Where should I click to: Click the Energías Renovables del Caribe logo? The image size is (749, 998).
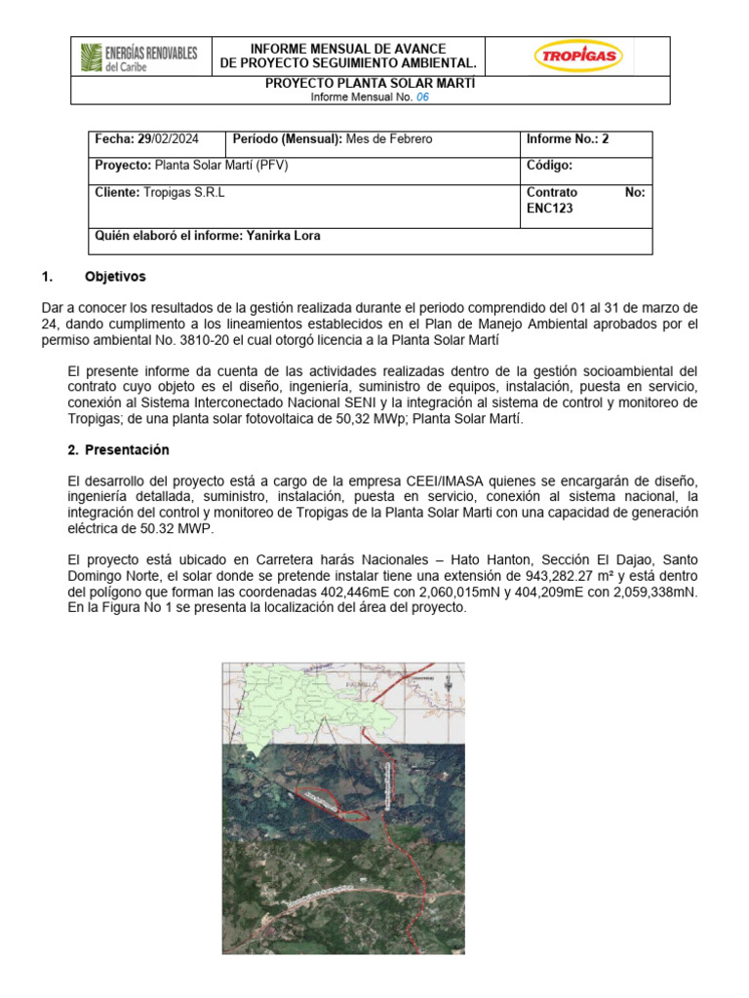click(138, 58)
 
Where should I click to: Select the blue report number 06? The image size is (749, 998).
click(422, 98)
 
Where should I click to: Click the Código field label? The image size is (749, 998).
click(549, 166)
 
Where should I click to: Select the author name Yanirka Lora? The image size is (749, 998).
click(283, 236)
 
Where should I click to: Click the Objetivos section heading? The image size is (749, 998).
click(115, 277)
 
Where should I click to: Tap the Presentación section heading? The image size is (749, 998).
click(127, 450)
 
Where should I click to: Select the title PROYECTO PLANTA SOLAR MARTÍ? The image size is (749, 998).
click(371, 84)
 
